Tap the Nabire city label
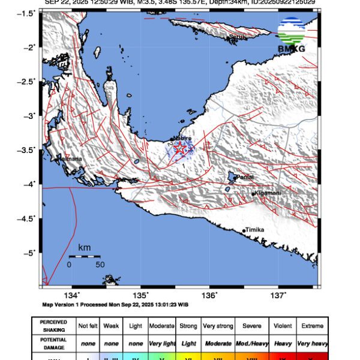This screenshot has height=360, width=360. [182, 138]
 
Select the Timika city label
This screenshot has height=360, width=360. [254, 230]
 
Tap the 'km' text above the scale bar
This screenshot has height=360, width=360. [84, 247]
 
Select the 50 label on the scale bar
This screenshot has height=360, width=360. [100, 264]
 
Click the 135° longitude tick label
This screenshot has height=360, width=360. [141, 295]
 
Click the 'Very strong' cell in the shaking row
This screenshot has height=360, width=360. [217, 325]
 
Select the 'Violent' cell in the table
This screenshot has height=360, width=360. [282, 325]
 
